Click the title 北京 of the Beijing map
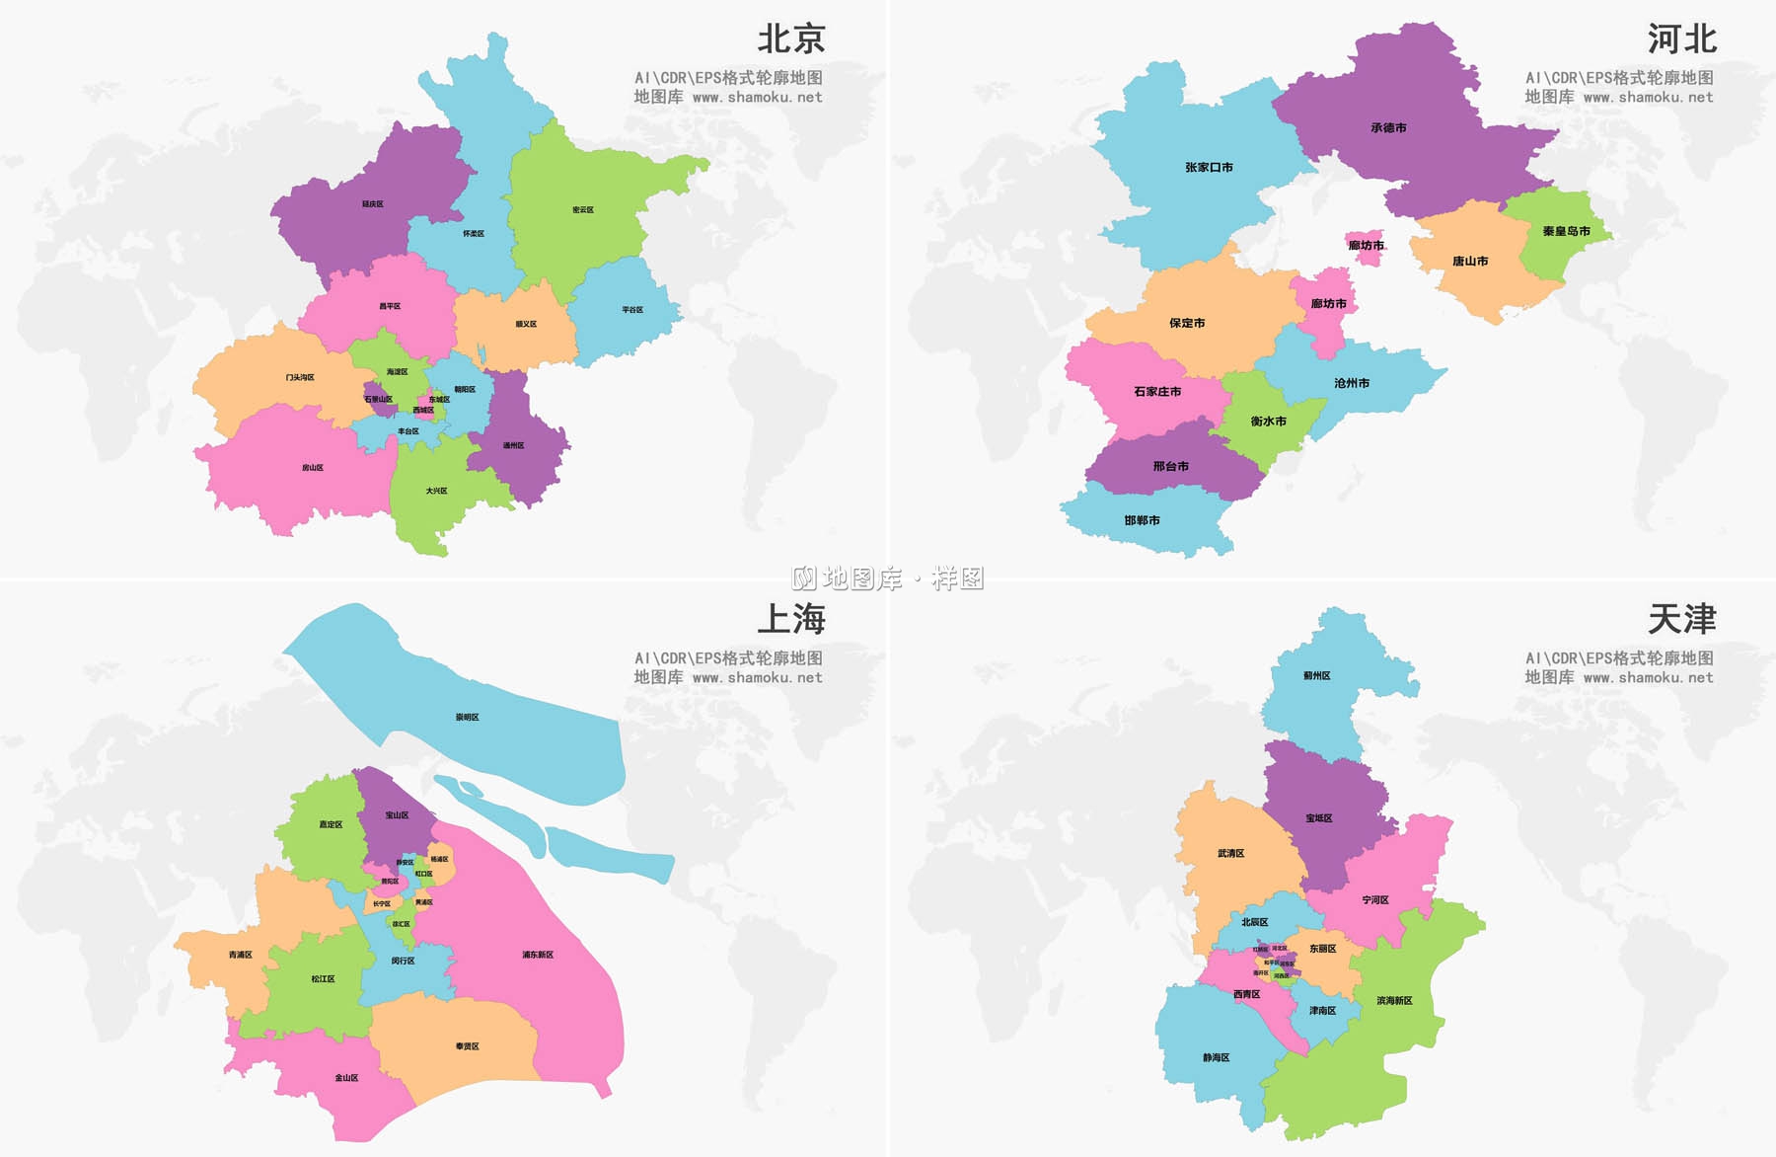(790, 39)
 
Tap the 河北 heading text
(1681, 39)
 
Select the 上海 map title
(790, 619)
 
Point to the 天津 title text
(1681, 619)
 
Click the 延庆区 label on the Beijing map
(372, 204)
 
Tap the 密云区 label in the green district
(583, 210)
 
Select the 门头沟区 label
(300, 377)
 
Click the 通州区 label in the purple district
(514, 446)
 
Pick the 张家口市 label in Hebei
(1209, 168)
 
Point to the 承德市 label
(1388, 128)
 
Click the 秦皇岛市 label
(1566, 231)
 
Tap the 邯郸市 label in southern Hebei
(1142, 520)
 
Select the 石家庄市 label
(1157, 392)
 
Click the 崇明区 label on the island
(467, 718)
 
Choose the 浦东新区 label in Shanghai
(538, 955)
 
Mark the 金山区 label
(346, 1078)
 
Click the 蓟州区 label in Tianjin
(1316, 676)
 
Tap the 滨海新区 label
(1394, 1001)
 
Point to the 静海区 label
(1216, 1058)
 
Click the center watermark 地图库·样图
(888, 578)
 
